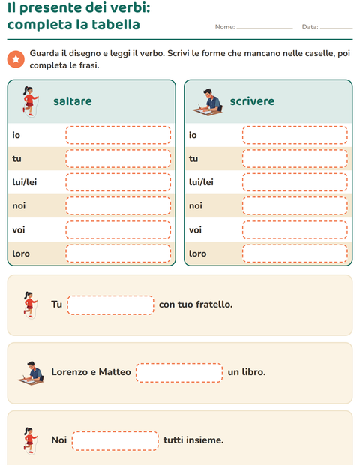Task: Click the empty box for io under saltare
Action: tap(118, 135)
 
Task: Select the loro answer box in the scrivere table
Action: tap(295, 253)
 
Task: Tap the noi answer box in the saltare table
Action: tap(118, 205)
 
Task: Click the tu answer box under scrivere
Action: tap(295, 159)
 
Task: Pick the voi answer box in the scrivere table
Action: tap(295, 229)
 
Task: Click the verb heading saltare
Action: tap(73, 101)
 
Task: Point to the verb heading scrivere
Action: tap(252, 101)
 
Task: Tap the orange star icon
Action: tap(16, 59)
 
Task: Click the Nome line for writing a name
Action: tap(265, 28)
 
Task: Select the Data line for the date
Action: tap(336, 28)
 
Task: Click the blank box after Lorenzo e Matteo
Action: tap(179, 373)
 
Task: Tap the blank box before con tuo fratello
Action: tap(110, 304)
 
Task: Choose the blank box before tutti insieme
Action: tap(115, 441)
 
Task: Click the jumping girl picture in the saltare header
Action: tap(30, 101)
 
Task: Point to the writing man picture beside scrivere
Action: tap(207, 102)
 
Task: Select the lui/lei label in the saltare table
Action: tap(25, 182)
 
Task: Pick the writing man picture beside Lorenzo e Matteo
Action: tap(31, 373)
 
